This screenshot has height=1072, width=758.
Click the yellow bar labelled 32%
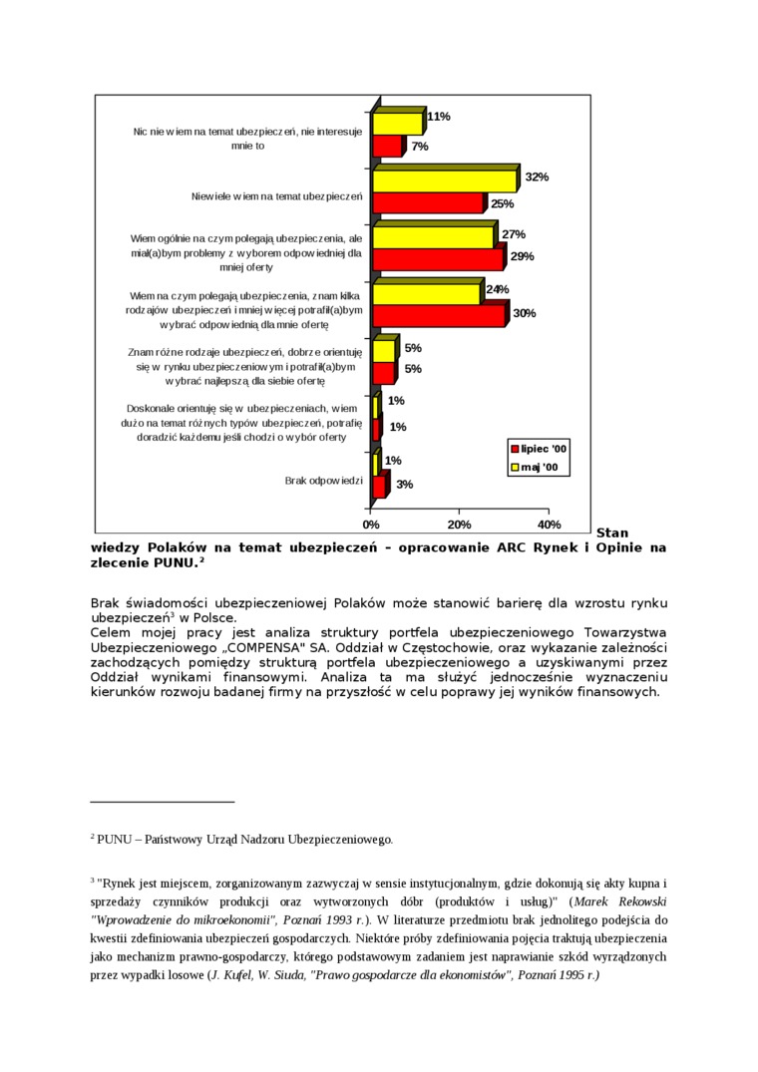(x=445, y=181)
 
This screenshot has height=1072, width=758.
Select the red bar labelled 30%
(x=439, y=316)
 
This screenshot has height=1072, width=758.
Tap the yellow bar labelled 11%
(x=398, y=124)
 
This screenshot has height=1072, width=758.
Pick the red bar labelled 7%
(x=387, y=147)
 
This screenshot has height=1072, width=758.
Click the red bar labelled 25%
(x=428, y=203)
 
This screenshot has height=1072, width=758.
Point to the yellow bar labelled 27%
(x=434, y=238)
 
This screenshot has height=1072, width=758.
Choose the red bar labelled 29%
(x=439, y=259)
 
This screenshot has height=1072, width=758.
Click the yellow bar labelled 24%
(x=427, y=294)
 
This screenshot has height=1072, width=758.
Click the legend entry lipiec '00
(x=538, y=449)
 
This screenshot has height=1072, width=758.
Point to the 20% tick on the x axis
(x=459, y=525)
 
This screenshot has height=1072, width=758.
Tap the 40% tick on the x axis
(x=549, y=525)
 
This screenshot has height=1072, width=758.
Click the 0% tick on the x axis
(x=371, y=525)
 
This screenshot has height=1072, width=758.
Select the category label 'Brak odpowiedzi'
(x=323, y=481)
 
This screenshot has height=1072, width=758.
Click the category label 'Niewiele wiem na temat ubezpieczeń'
(x=276, y=195)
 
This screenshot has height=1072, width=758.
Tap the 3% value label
(x=404, y=485)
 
